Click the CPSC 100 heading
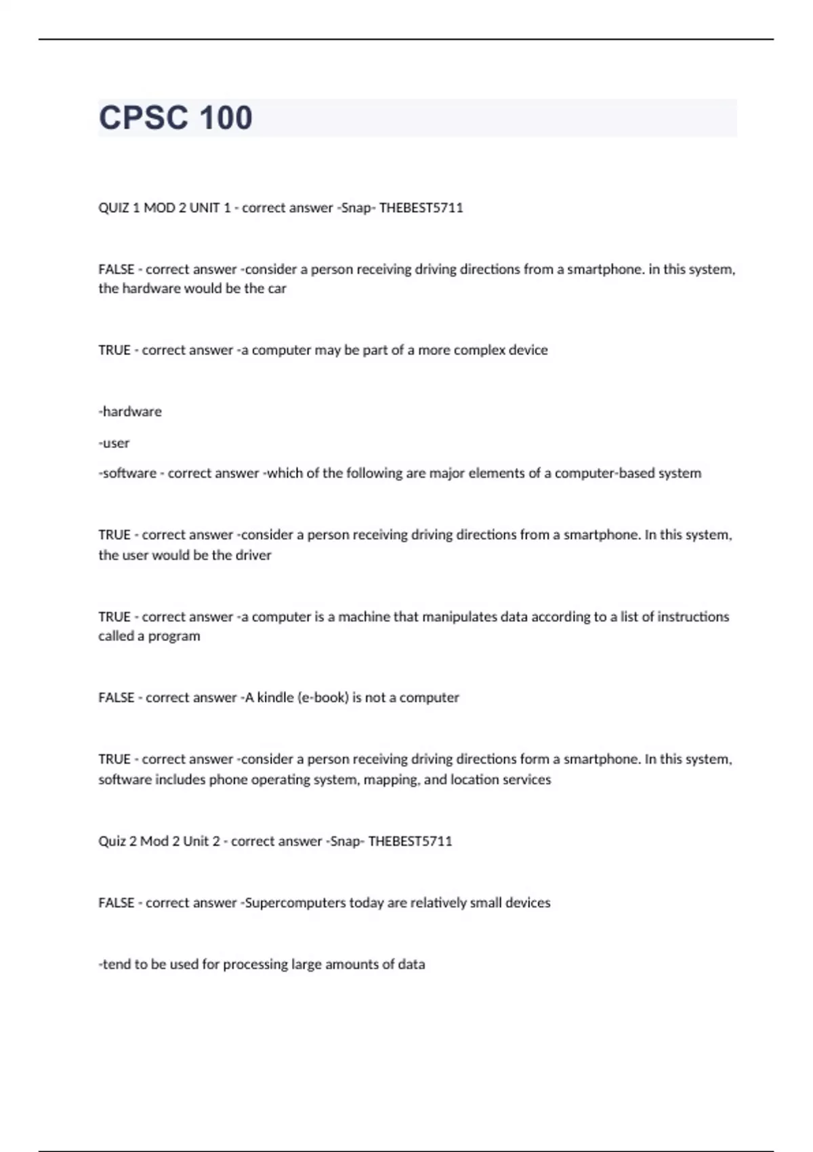pyautogui.click(x=175, y=118)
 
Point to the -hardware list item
pyautogui.click(x=130, y=412)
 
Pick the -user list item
pyautogui.click(x=114, y=443)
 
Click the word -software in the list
pyautogui.click(x=127, y=474)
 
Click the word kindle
pyautogui.click(x=275, y=698)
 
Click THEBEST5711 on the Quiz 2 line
pyautogui.click(x=410, y=842)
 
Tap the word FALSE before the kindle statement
pyautogui.click(x=116, y=698)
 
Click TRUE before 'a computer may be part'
pyautogui.click(x=114, y=350)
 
